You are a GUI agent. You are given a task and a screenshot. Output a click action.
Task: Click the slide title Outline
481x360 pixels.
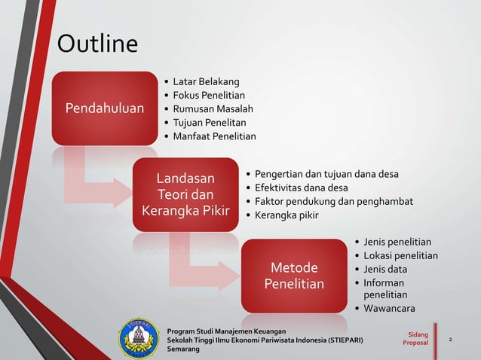click(98, 44)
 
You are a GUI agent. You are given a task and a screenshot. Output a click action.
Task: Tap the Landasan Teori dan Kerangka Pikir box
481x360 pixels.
click(185, 194)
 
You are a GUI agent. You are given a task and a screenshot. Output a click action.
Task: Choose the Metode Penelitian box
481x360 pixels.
click(293, 276)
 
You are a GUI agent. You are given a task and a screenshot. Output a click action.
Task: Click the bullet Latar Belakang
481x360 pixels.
click(206, 81)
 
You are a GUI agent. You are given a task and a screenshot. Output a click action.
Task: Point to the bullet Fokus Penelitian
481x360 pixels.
click(209, 95)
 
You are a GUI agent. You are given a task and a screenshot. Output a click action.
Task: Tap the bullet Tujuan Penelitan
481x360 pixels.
click(209, 122)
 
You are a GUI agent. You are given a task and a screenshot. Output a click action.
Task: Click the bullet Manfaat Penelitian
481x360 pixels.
click(214, 136)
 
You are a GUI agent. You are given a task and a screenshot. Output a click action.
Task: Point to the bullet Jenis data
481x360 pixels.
click(385, 269)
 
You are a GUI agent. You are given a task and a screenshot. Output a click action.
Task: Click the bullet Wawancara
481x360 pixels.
click(389, 309)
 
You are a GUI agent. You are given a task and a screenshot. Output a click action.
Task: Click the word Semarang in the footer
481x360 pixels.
click(183, 350)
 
